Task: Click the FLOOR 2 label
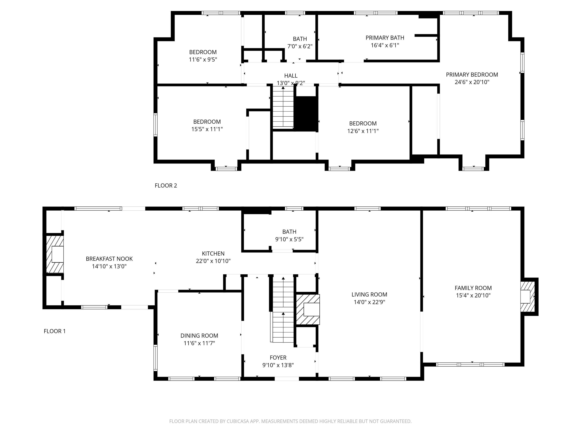[166, 185]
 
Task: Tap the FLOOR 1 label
[55, 331]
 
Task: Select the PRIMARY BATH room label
[385, 38]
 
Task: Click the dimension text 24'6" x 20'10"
[472, 82]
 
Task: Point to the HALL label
[291, 76]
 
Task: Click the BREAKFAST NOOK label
[109, 259]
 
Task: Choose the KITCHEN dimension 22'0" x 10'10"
[213, 261]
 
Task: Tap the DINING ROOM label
[199, 336]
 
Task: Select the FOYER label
[278, 358]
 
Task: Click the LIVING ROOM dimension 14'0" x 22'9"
[369, 302]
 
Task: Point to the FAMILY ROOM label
[473, 288]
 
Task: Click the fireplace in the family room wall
[528, 297]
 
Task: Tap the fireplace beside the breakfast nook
[55, 254]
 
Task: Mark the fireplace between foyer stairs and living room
[308, 309]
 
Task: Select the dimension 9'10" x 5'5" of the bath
[289, 239]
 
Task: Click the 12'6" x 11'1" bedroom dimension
[363, 131]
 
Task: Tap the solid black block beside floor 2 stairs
[306, 114]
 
